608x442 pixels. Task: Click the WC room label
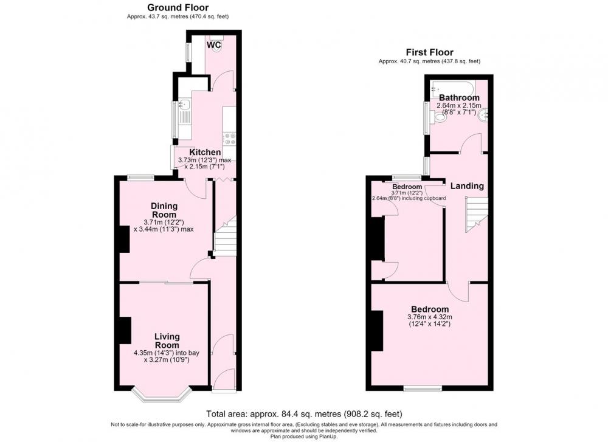213,45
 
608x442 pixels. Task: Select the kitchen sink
184,104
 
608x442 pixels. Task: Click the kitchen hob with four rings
229,139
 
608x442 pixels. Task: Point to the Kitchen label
205,153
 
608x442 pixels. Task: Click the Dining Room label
164,210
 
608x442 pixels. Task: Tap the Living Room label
167,341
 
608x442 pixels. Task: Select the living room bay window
162,394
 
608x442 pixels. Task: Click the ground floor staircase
226,236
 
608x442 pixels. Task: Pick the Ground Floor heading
178,7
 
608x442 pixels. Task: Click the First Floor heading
429,52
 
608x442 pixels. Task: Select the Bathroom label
459,97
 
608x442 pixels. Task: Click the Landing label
467,185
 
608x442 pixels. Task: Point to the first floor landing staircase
477,215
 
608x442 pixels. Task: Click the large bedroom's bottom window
423,388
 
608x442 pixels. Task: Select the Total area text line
304,413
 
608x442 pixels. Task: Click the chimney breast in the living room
124,330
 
